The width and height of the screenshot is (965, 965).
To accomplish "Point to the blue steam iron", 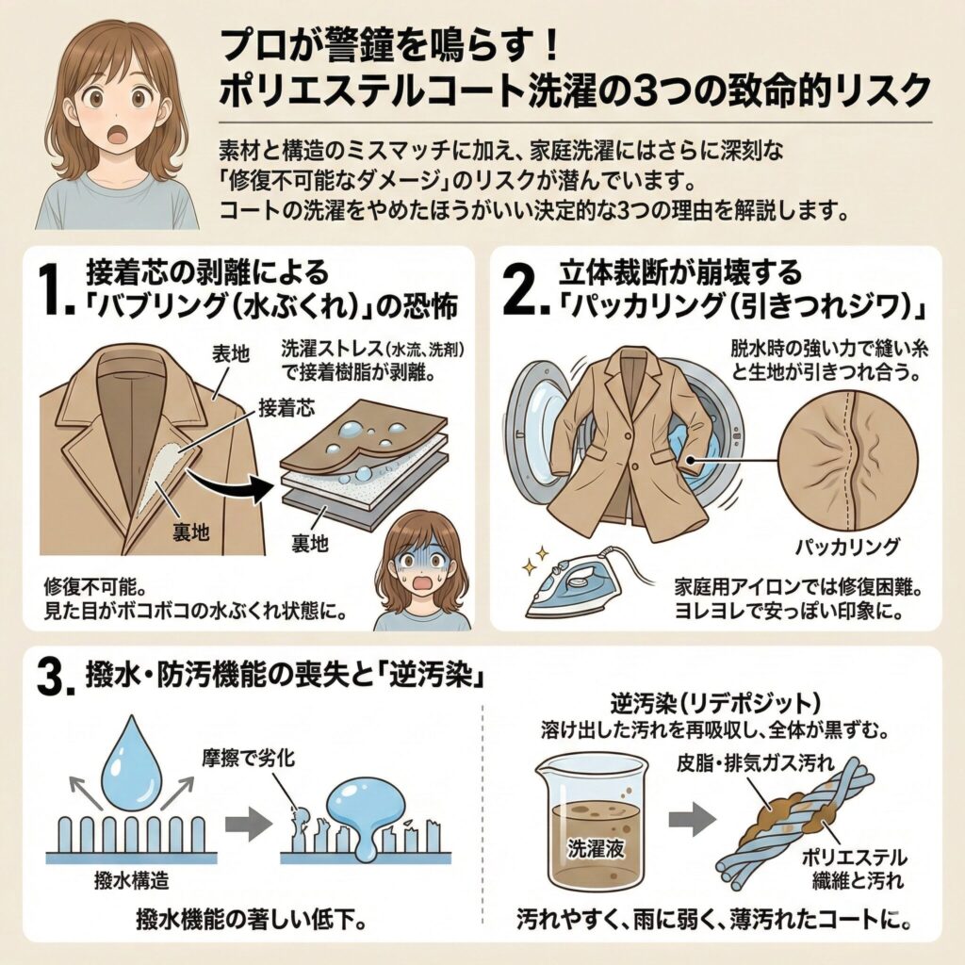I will click(574, 585).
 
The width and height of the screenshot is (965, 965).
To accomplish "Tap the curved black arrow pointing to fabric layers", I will click(241, 480).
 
